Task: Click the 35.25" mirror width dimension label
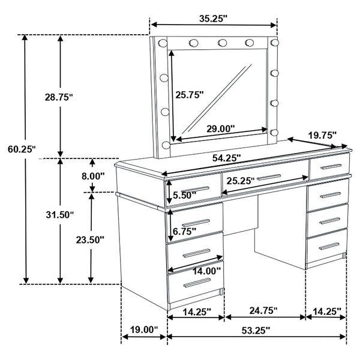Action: pos(214,19)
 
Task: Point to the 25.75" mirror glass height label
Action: pos(189,94)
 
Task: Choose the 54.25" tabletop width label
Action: pos(226,158)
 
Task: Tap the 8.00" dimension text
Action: pos(93,176)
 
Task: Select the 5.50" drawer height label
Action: pos(184,195)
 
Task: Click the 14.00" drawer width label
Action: pos(206,271)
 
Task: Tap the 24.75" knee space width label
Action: pos(264,311)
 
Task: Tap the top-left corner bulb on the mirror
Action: pos(162,42)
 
